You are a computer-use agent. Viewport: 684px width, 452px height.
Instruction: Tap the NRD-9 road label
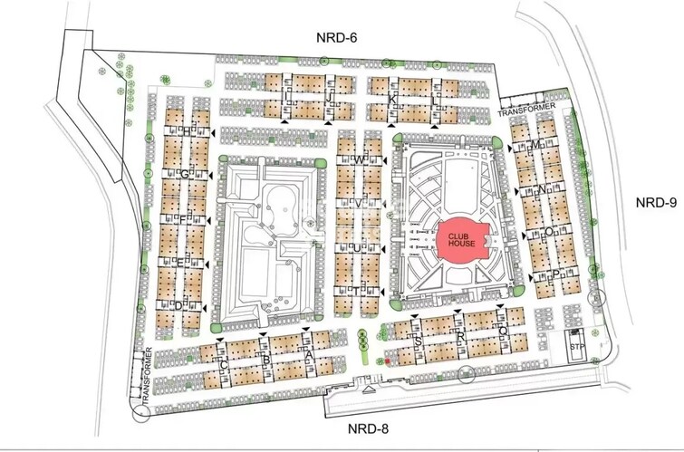click(x=655, y=202)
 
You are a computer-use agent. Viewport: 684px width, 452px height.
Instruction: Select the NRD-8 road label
click(x=374, y=428)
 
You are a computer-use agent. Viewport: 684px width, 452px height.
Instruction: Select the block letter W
click(x=359, y=160)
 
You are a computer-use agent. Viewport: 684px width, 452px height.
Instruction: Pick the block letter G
click(x=184, y=174)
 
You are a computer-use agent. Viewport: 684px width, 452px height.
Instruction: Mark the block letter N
click(x=541, y=190)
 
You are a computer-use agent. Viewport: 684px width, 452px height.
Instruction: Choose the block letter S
click(x=419, y=341)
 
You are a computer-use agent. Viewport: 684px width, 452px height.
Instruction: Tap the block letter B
click(x=266, y=361)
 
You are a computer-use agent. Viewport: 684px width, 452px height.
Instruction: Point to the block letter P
click(x=554, y=274)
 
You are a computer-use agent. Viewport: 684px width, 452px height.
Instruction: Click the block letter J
click(x=330, y=89)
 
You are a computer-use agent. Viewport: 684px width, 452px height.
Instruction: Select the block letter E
click(x=179, y=263)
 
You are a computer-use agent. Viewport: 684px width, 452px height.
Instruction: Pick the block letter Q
click(x=503, y=332)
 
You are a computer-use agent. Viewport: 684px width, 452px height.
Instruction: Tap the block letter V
click(x=359, y=204)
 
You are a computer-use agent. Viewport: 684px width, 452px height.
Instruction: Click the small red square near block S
click(x=388, y=361)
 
